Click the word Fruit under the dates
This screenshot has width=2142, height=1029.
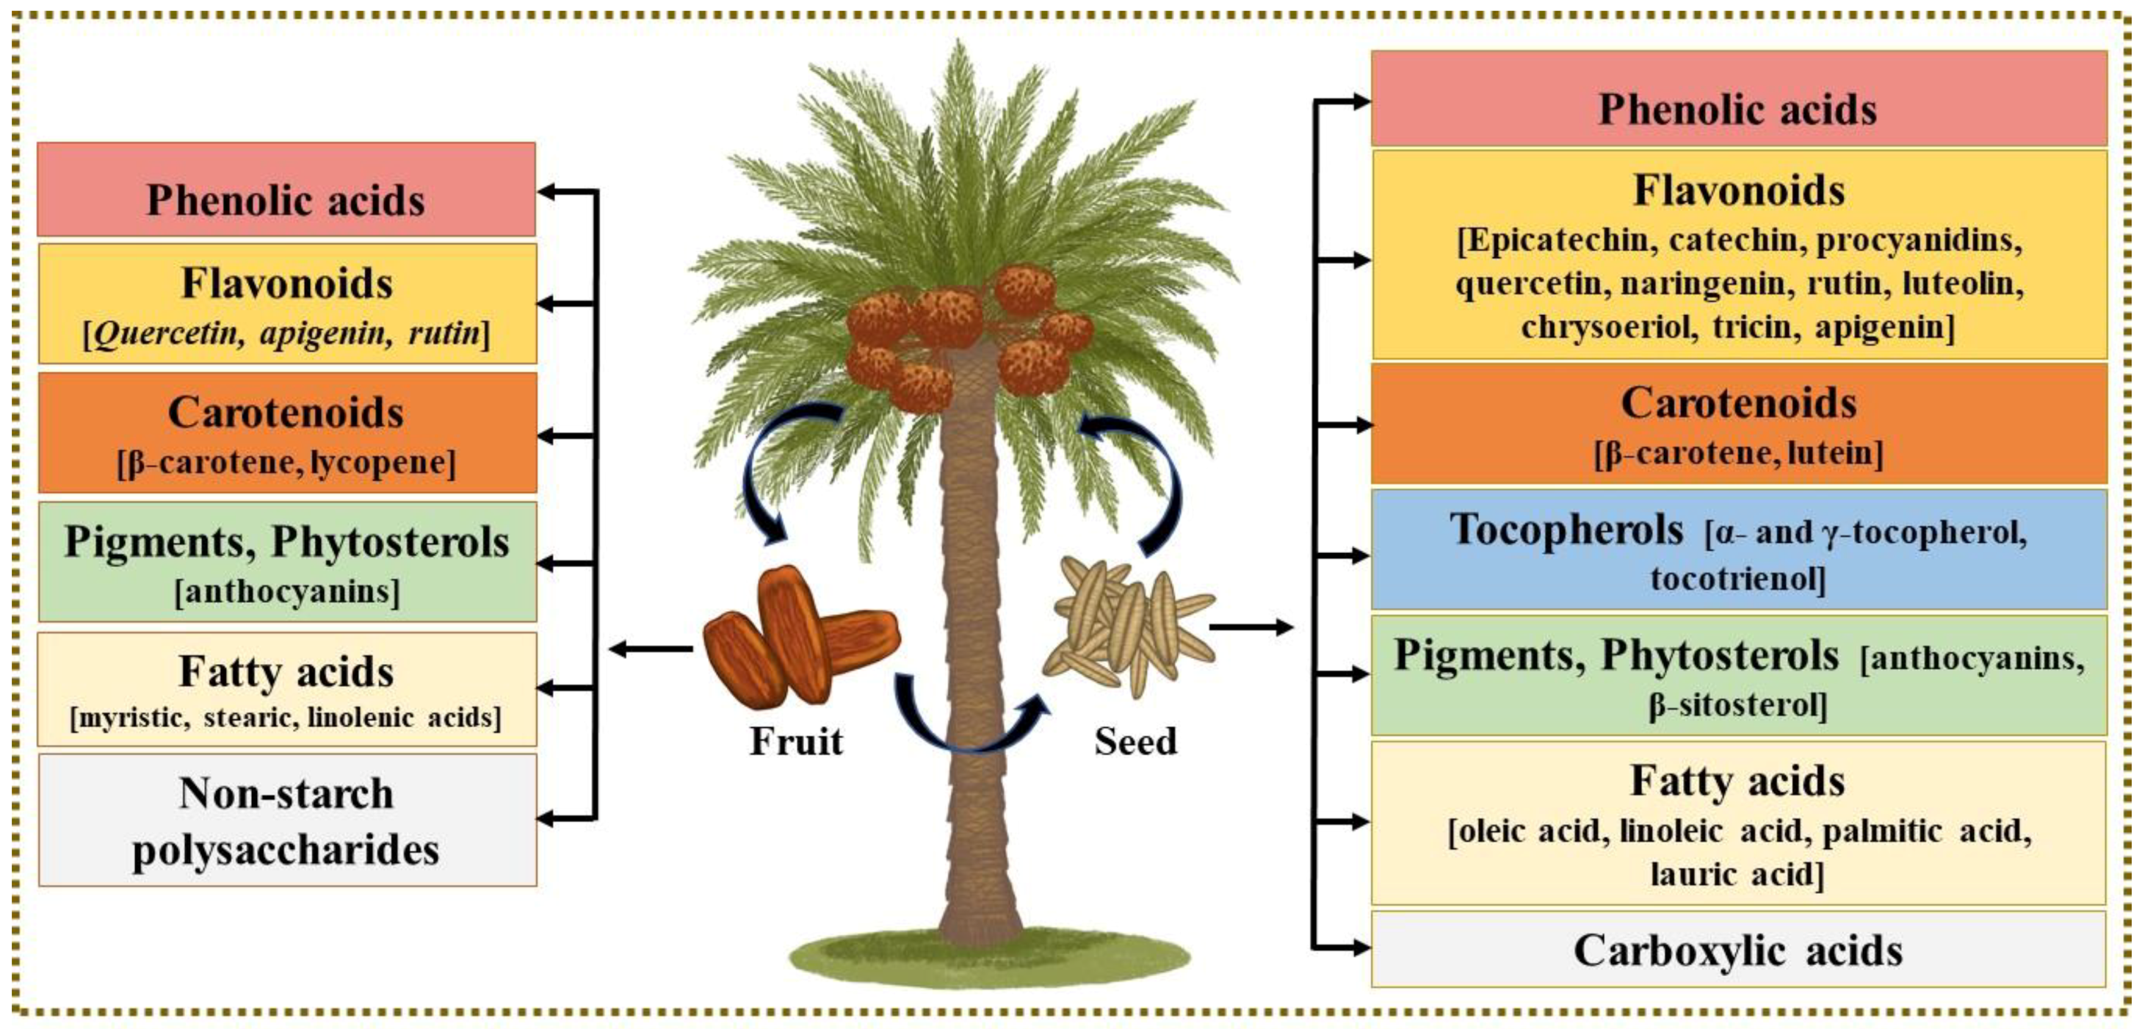(796, 741)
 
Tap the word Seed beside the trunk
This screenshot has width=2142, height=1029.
(1135, 741)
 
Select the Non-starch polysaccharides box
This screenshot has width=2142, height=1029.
(287, 820)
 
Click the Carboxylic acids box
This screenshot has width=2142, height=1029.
(1738, 950)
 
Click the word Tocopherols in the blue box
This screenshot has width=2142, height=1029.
(1566, 530)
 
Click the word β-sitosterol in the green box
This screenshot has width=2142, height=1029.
(1737, 705)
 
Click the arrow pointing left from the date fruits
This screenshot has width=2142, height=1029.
(651, 649)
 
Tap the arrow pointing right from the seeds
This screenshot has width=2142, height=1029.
(1252, 627)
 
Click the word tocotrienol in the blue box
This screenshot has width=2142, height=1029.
(1737, 578)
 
